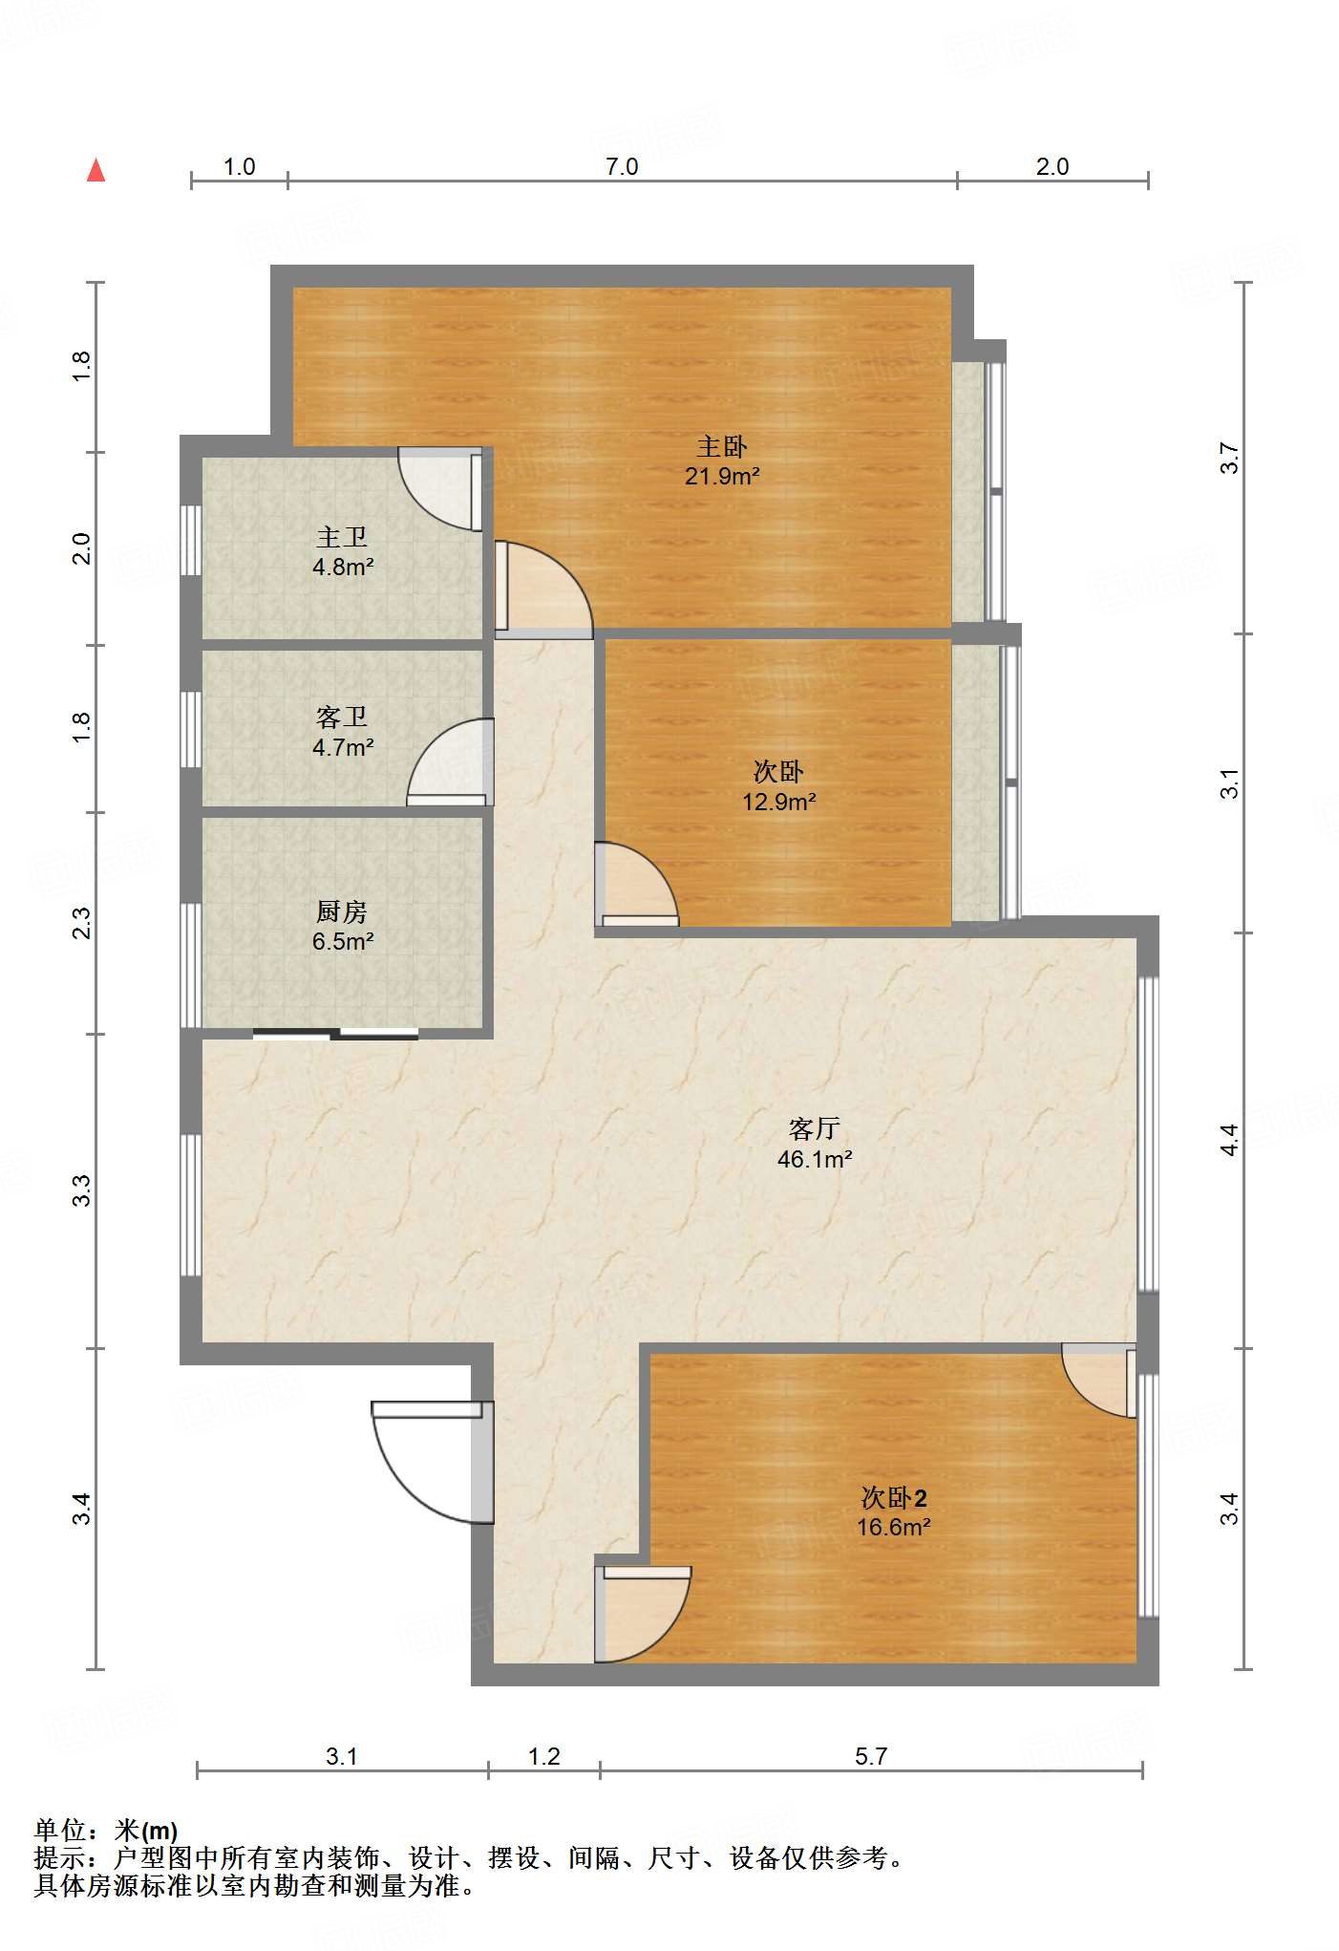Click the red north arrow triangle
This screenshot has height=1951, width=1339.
pos(96,170)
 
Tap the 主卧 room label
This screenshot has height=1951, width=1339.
pos(722,446)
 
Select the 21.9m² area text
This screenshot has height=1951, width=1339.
pos(722,476)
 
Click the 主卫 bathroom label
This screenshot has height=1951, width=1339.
pos(342,537)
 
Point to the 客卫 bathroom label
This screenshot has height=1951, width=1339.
pos(342,717)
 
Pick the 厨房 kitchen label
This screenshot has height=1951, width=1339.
pos(342,911)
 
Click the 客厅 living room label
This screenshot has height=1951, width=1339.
pos(815,1128)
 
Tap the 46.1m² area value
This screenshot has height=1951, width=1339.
pos(815,1159)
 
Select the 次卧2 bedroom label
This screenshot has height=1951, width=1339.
pos(894,1497)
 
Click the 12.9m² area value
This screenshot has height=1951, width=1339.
pos(779,802)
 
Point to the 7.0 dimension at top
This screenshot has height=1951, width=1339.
pos(622,166)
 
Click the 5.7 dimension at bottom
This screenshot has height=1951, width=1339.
pos(871,1756)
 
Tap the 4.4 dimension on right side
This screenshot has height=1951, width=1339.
pos(1229,1140)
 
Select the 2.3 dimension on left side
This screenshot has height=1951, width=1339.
pos(82,923)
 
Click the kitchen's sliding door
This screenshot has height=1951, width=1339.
pos(335,1033)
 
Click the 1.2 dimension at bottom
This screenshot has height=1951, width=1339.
pos(544,1756)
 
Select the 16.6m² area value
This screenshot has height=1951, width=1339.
pos(894,1527)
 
